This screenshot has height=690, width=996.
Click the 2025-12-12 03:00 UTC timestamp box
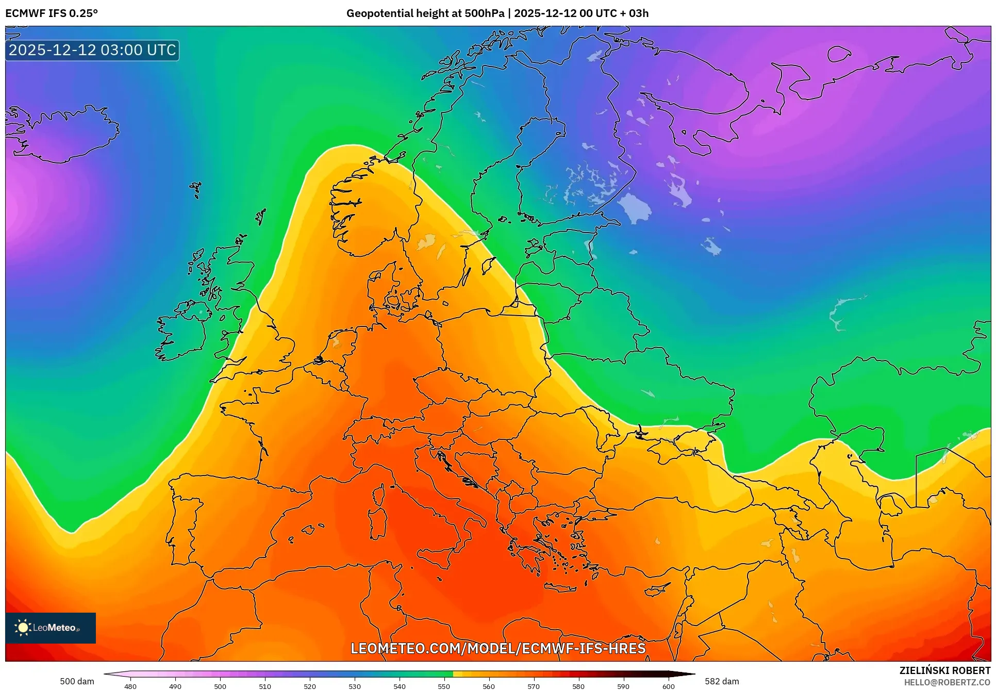pos(92,50)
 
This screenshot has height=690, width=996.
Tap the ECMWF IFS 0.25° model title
pos(52,13)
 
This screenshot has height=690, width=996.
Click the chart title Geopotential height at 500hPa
pos(425,13)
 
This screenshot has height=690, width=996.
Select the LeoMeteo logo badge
pos(51,628)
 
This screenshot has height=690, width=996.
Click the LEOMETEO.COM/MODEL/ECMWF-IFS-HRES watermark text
pos(497,648)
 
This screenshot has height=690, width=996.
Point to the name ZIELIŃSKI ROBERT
pos(944,670)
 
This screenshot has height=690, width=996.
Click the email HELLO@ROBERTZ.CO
pos(947,682)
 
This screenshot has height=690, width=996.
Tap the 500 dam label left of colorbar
pos(77,681)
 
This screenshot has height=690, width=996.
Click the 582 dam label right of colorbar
pos(722,681)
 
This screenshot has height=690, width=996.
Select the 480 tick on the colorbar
pos(130,686)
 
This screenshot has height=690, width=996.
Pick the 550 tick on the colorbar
pos(444,686)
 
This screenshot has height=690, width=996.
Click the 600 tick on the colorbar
pos(668,686)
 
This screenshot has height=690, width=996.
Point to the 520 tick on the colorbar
pos(310,686)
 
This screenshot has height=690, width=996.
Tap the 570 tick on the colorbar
pos(534,686)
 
